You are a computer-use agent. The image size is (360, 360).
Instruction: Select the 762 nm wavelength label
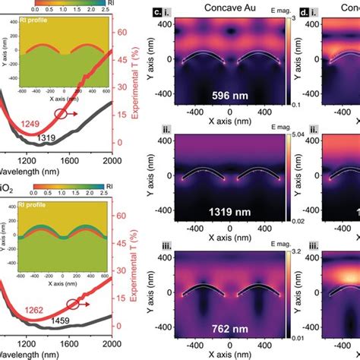(x=229, y=331)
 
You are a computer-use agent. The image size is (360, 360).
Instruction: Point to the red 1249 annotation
(x=32, y=125)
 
